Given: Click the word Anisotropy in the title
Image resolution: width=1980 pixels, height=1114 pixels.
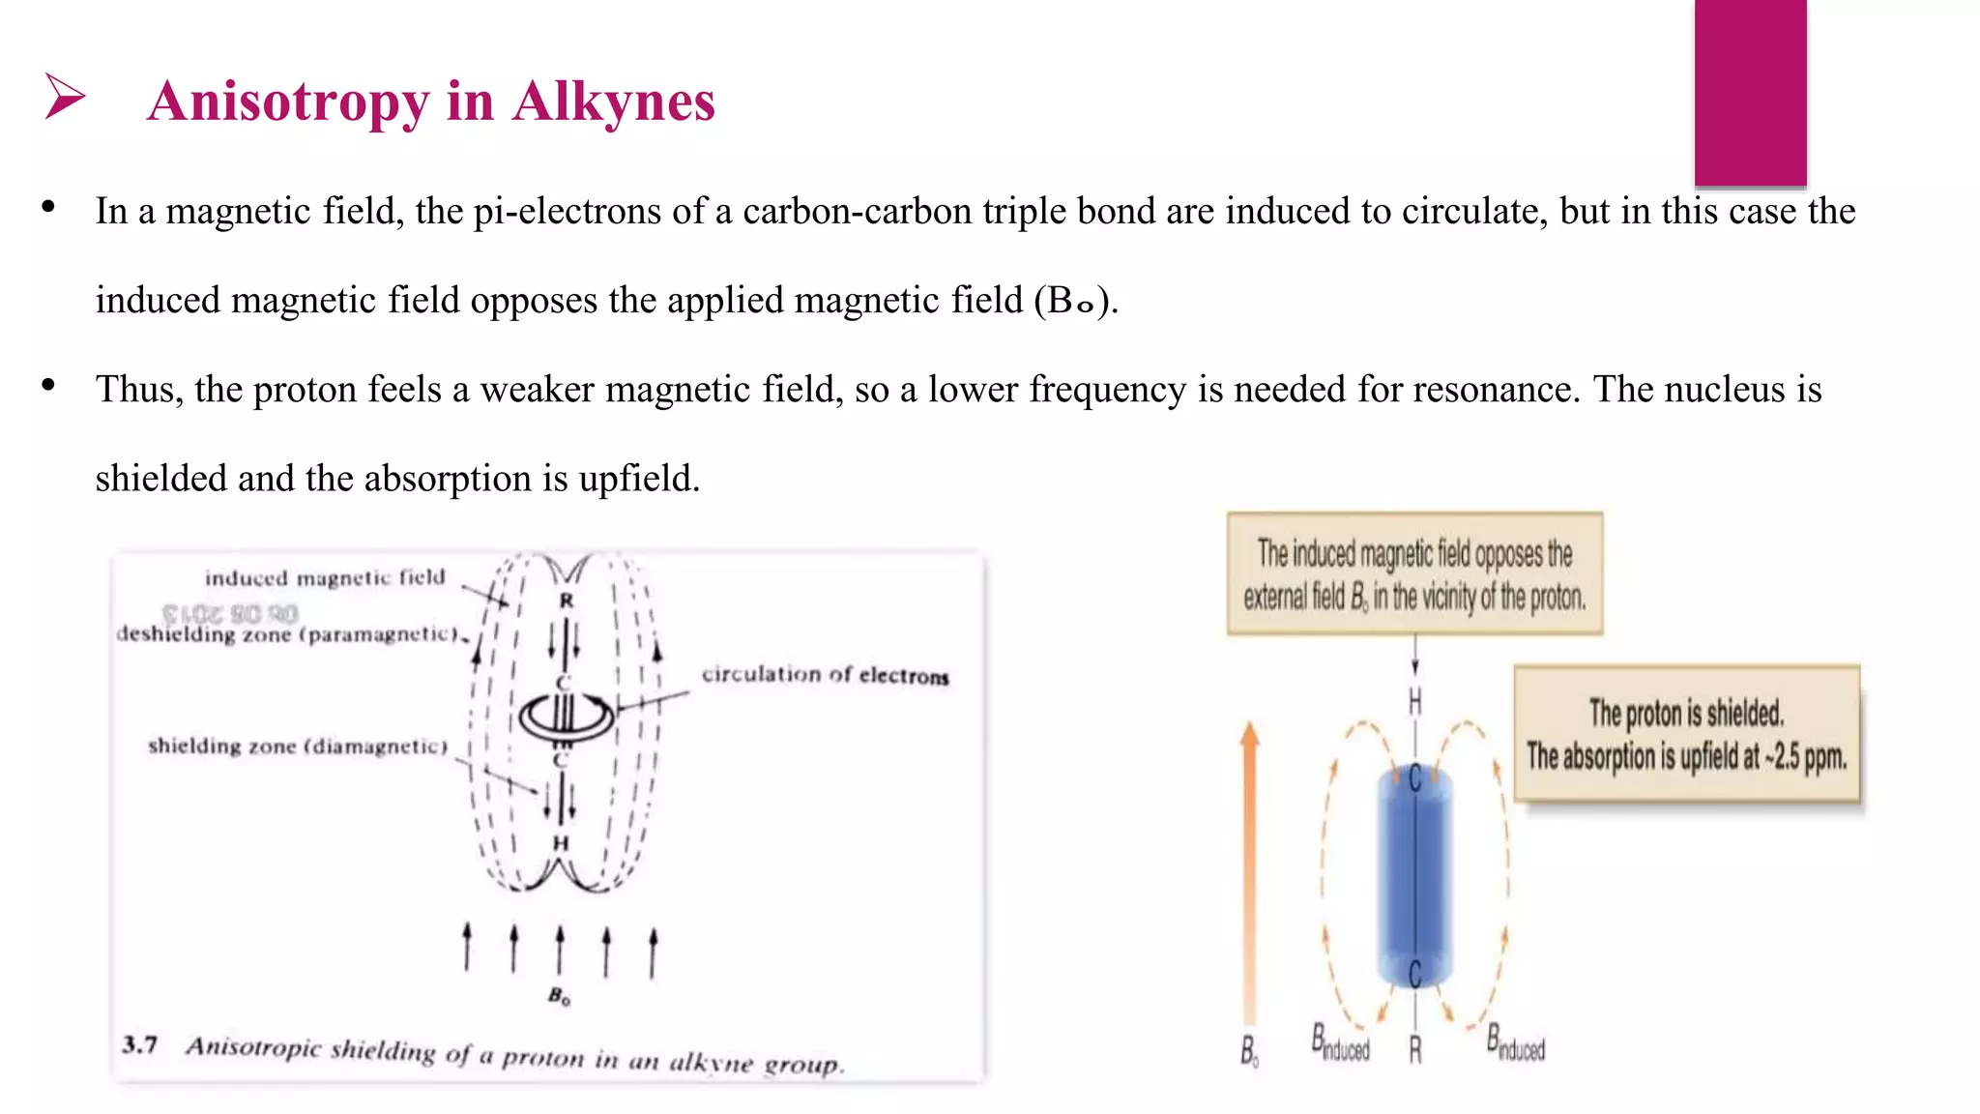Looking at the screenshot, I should pos(287,102).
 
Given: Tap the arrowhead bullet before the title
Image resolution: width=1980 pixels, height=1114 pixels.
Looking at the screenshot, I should pos(65,97).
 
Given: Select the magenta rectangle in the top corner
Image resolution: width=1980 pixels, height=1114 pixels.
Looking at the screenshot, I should pos(1750,92).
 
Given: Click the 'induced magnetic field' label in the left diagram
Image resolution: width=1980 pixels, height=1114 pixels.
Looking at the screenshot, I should pos(325,578).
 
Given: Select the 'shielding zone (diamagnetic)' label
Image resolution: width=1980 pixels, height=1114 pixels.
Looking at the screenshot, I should pos(298,746).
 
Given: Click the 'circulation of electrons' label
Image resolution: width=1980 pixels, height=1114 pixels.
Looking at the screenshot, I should pos(825,675).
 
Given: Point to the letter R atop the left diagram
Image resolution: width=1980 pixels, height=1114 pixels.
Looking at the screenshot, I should pos(567,601).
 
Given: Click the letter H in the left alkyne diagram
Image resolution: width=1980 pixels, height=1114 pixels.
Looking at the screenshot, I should pos(561,843).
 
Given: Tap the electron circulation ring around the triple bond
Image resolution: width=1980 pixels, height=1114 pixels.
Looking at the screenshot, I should pos(567,717).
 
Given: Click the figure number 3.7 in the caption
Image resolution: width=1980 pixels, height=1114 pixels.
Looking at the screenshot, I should pos(140,1044).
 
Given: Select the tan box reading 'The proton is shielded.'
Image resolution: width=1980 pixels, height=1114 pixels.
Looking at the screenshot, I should pos(1686,734).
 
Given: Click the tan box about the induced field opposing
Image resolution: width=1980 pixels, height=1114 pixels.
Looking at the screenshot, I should pos(1414,573).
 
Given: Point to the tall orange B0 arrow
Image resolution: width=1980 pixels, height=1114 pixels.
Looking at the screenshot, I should pos(1250,870).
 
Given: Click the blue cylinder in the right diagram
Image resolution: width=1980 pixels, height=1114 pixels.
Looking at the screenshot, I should pos(1414,875).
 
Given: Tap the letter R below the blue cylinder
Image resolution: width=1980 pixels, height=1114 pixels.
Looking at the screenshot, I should pos(1415,1050).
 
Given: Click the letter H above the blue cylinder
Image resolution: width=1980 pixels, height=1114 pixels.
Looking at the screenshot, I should pos(1415,701).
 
